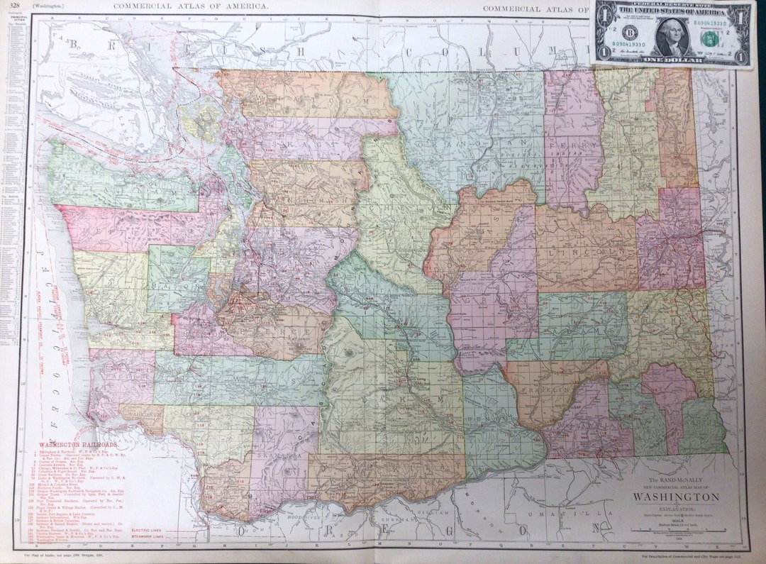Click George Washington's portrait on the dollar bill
click(672, 35)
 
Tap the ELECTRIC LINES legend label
click(148, 530)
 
